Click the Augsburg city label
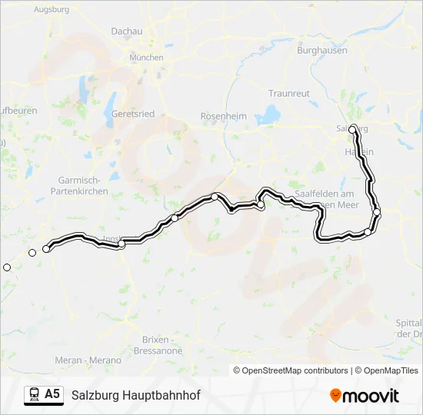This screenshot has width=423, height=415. tap(52, 10)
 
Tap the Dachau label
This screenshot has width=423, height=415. tap(127, 32)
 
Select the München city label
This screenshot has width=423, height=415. tap(146, 58)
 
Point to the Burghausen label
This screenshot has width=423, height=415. tap(322, 51)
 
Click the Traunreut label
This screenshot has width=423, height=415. tap(289, 93)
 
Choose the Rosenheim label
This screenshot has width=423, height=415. tap(223, 116)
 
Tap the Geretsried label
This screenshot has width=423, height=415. tap(133, 114)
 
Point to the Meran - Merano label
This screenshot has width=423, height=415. tap(88, 360)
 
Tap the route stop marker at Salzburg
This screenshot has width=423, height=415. tap(353, 130)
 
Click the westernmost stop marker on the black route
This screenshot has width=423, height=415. tap(46, 249)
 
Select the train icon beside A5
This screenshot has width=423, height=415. tap(34, 395)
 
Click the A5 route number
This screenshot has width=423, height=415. tap(52, 394)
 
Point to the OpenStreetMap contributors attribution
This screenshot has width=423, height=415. tap(291, 370)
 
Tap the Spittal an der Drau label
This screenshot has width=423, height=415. tap(409, 329)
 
